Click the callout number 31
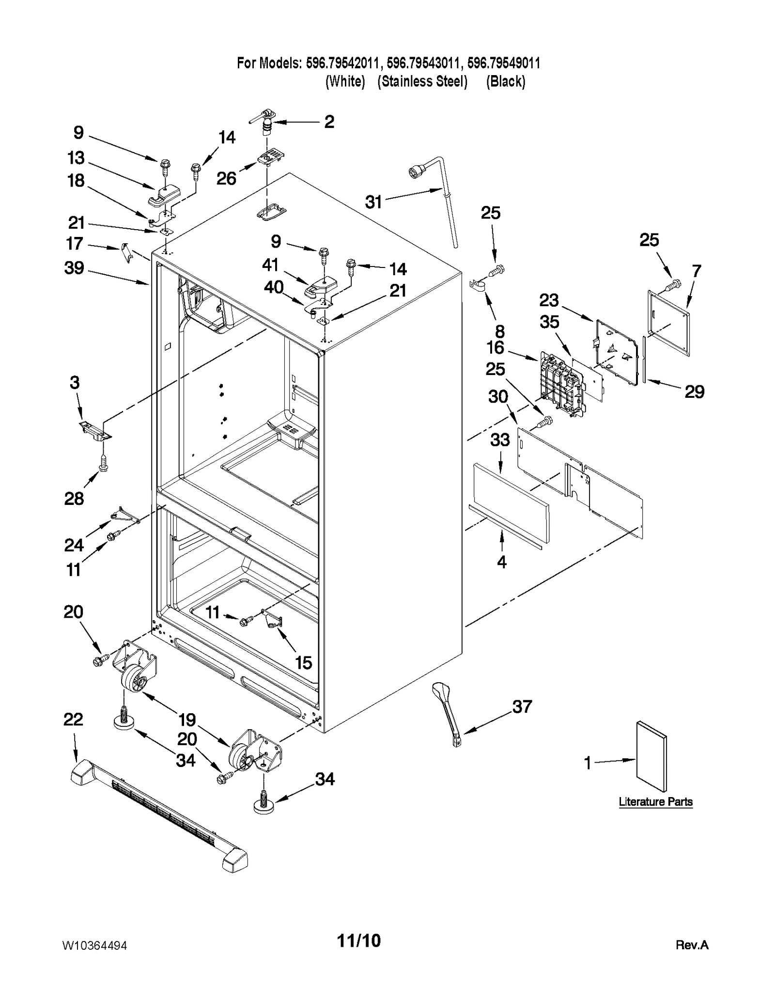[373, 202]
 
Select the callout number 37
[522, 706]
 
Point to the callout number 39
[74, 267]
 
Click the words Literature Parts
[655, 802]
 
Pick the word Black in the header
[506, 81]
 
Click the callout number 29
[694, 392]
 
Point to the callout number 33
[500, 439]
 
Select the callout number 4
[502, 562]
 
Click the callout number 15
[304, 662]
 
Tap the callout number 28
[74, 498]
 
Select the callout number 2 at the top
[329, 122]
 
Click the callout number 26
[226, 178]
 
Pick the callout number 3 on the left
[74, 382]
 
